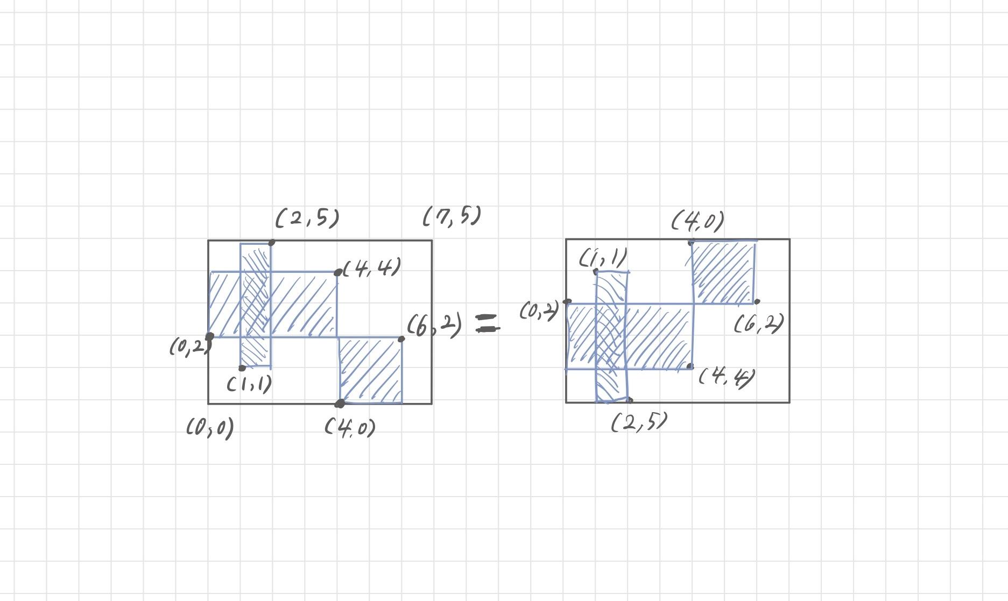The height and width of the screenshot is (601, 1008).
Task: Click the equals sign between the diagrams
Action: click(488, 324)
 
